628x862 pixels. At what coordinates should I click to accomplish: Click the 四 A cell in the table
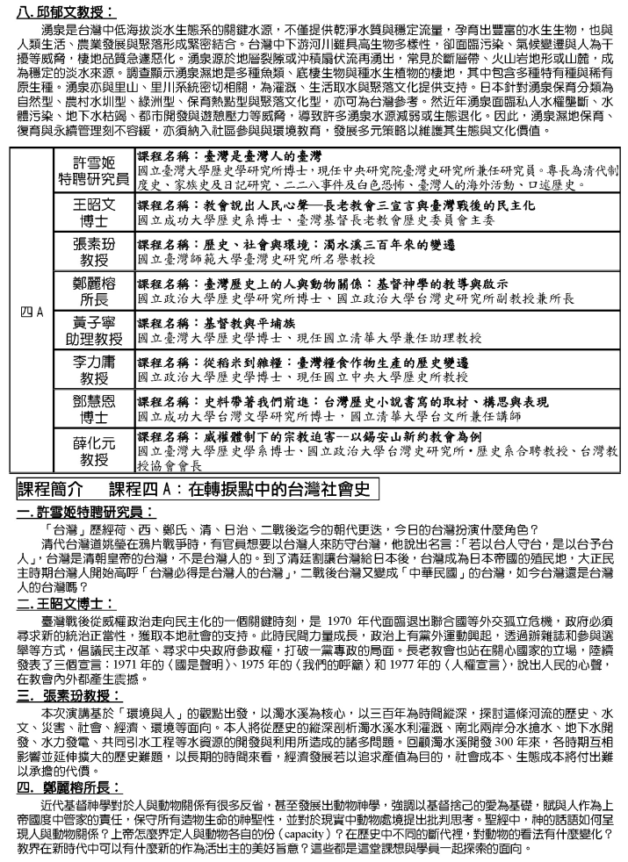tap(35, 311)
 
